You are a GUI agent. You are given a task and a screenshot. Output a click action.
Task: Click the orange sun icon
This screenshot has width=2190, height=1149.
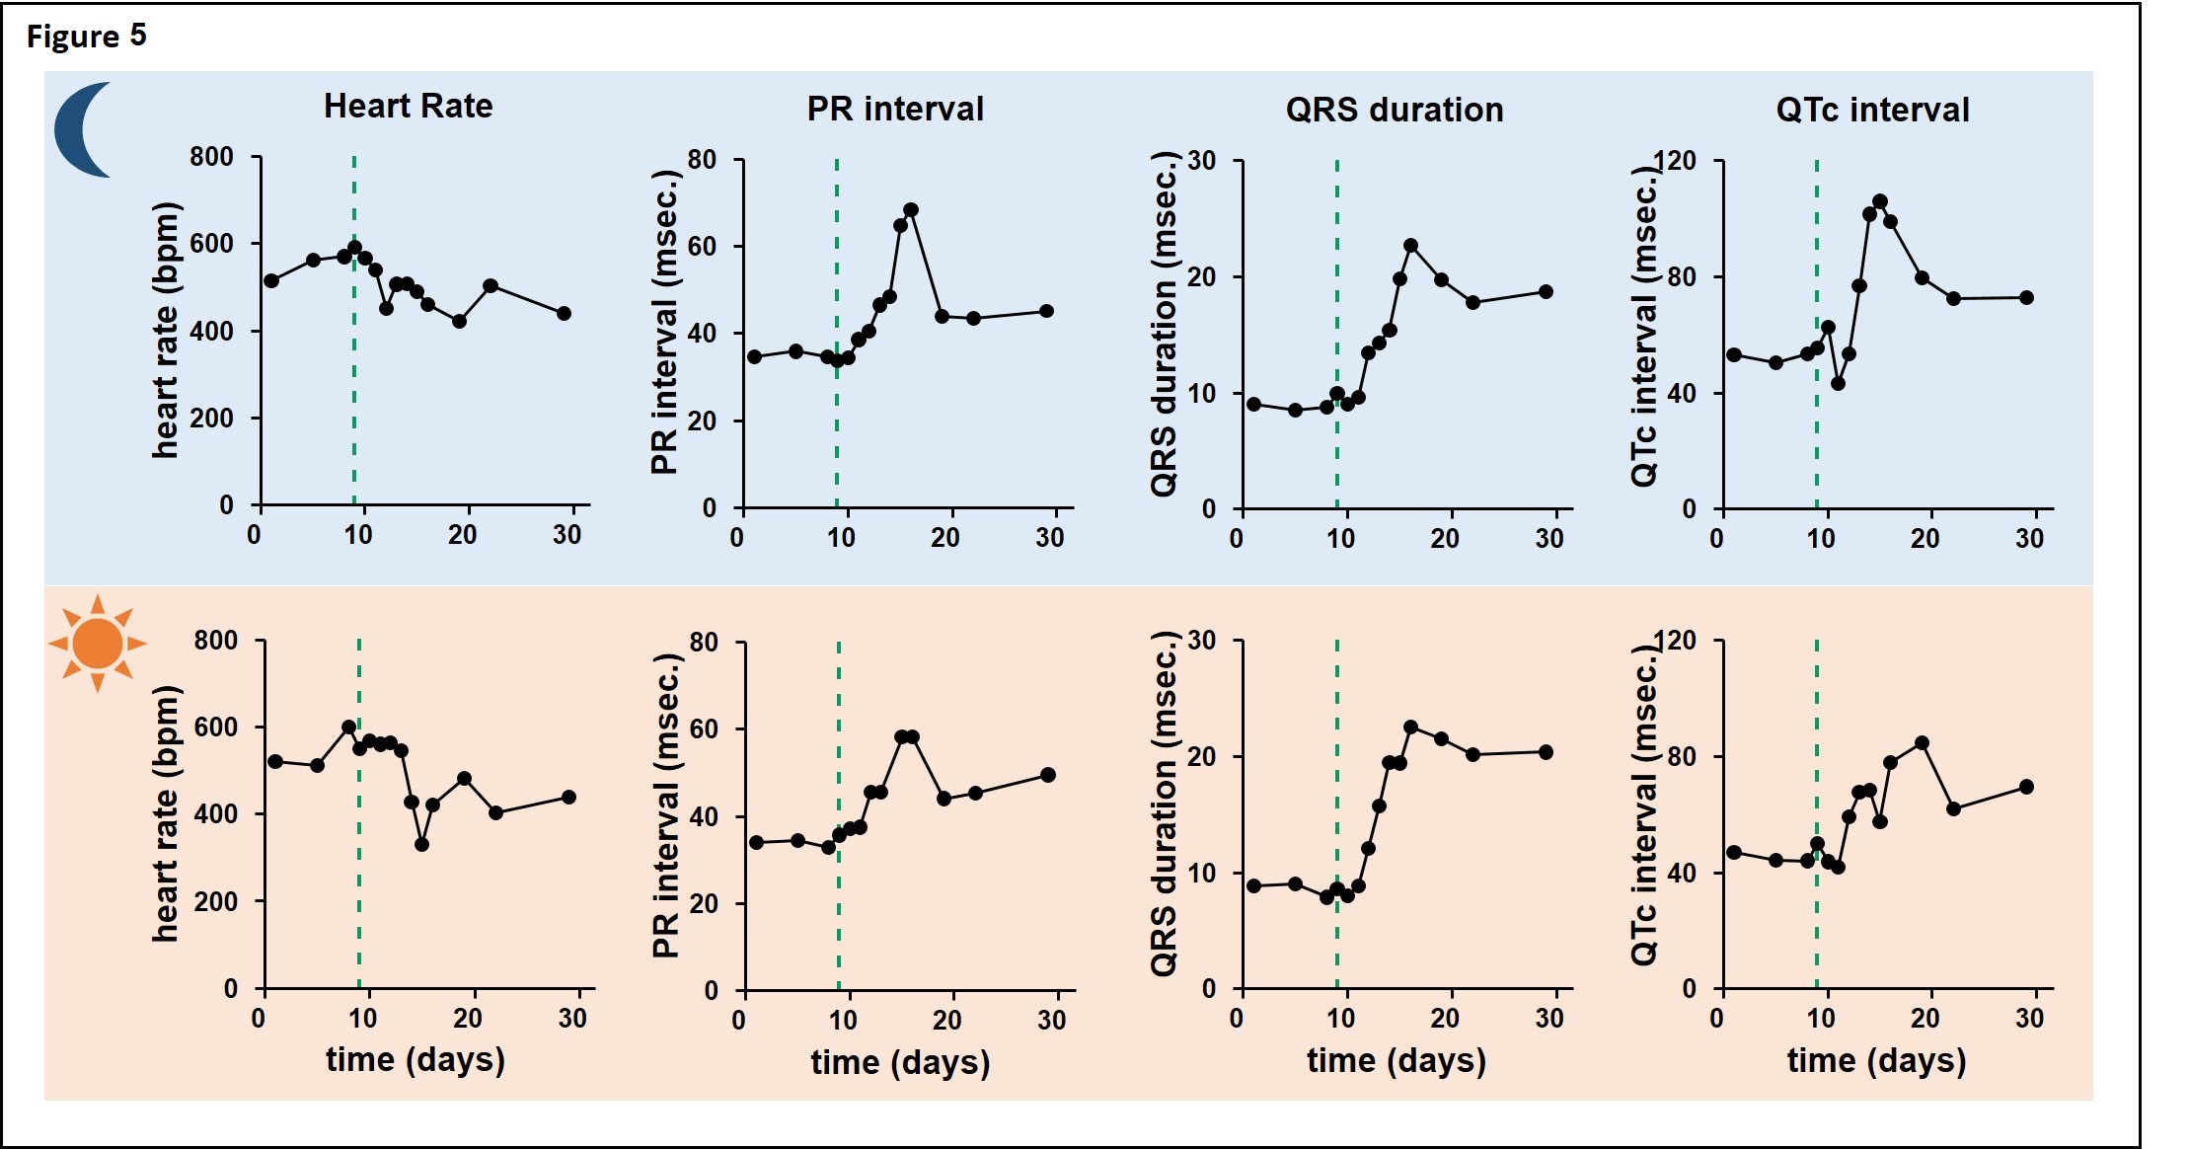point(97,643)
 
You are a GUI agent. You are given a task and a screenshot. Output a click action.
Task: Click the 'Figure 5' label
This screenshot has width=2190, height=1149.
point(86,37)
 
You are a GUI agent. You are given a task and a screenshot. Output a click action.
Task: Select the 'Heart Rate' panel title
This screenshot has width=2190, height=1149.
point(408,106)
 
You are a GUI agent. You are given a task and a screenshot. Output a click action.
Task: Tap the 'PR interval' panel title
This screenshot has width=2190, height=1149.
point(895,109)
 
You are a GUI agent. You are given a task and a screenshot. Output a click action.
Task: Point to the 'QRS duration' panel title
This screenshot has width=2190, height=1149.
point(1394,110)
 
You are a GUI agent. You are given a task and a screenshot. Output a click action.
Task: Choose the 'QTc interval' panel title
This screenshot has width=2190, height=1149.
point(1872,110)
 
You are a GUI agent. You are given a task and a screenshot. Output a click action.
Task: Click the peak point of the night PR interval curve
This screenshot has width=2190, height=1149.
point(911,210)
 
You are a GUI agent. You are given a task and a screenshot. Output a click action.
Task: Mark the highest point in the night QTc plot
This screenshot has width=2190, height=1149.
point(1879,201)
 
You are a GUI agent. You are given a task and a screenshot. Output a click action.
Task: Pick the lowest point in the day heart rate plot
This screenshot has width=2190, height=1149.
point(421,844)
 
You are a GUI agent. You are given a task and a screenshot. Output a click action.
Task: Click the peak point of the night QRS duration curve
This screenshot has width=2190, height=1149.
point(1410,245)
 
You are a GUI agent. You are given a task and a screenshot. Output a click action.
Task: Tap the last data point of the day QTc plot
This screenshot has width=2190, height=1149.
point(2026,787)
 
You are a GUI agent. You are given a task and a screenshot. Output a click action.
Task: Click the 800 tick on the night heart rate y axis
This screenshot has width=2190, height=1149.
point(212,157)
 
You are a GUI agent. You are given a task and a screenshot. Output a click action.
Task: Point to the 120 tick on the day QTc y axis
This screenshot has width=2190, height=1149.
point(1675,641)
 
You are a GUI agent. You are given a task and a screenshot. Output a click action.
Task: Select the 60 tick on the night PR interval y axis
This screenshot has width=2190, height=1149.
point(702,246)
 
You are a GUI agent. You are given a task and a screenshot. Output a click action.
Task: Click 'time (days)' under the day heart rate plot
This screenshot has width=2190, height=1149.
point(415,1059)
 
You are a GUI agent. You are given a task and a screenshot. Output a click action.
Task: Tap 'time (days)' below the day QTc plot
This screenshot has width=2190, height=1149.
point(1876,1060)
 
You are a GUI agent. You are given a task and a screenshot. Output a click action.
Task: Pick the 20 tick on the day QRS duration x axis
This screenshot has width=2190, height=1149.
point(1445,1019)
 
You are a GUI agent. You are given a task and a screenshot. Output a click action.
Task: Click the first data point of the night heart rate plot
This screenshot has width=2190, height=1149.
point(271,280)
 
